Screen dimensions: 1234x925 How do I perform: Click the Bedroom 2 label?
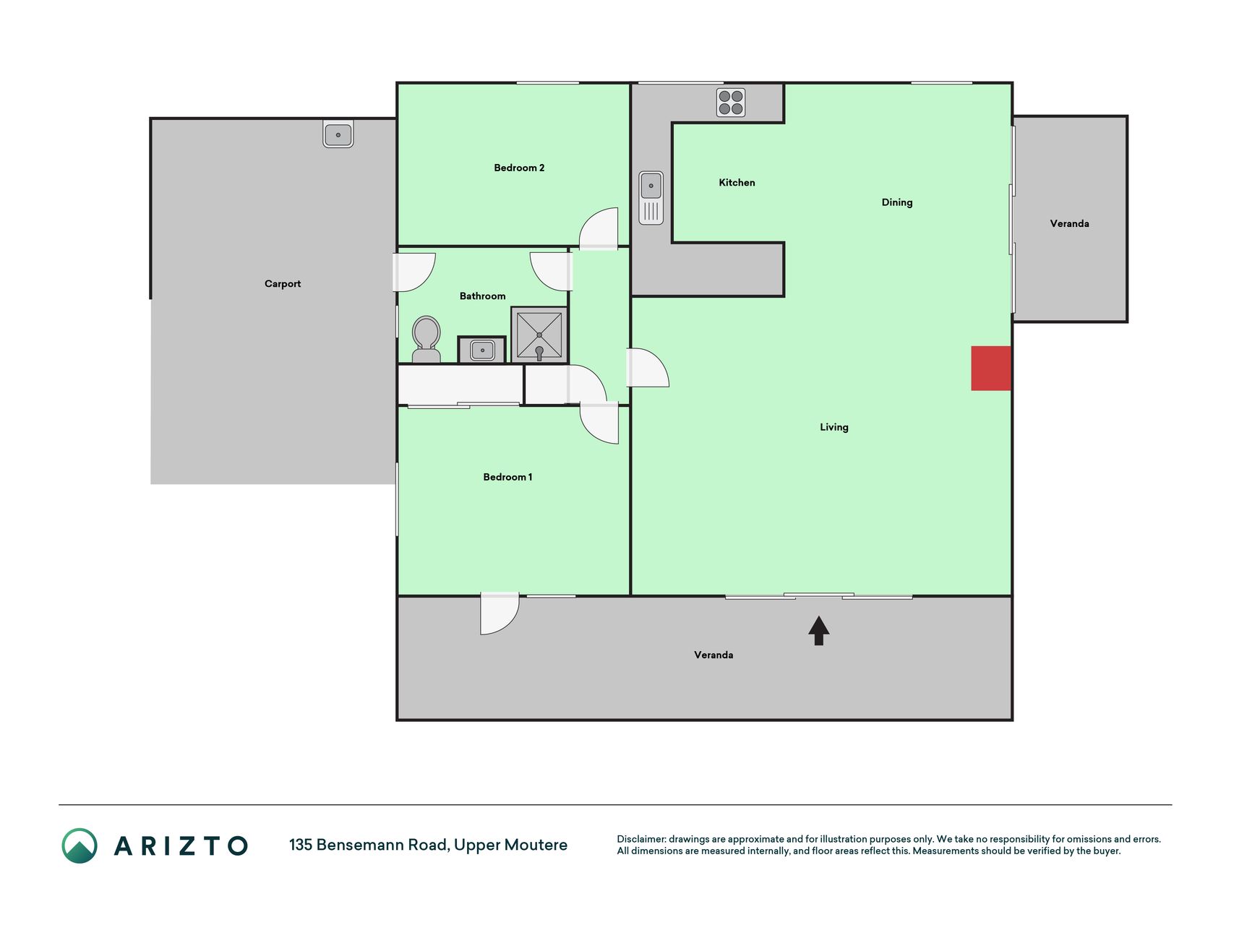click(519, 168)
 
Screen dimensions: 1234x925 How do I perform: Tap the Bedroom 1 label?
click(507, 477)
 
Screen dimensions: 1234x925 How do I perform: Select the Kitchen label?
click(737, 183)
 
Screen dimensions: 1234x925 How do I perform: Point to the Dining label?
click(897, 202)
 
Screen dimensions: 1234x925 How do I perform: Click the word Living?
click(834, 427)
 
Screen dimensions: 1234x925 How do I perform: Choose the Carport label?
click(283, 284)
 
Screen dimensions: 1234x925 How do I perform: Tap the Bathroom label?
click(483, 296)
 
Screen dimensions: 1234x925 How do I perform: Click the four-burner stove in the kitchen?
click(731, 103)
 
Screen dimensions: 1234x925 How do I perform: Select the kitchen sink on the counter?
click(651, 197)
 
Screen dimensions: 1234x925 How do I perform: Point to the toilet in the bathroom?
click(427, 339)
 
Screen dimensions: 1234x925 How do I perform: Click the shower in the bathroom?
click(539, 335)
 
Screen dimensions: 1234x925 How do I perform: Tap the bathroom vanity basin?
click(482, 350)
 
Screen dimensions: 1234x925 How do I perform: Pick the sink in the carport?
click(338, 134)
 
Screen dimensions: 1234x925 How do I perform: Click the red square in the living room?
click(991, 369)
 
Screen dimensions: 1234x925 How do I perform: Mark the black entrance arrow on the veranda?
click(818, 630)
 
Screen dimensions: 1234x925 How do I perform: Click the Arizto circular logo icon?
click(80, 846)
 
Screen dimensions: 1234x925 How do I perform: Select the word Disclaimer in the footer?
click(641, 839)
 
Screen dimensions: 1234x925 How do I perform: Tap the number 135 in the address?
click(301, 845)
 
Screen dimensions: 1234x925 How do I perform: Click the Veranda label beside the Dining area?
click(1069, 224)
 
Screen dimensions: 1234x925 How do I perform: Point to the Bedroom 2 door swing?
click(599, 228)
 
